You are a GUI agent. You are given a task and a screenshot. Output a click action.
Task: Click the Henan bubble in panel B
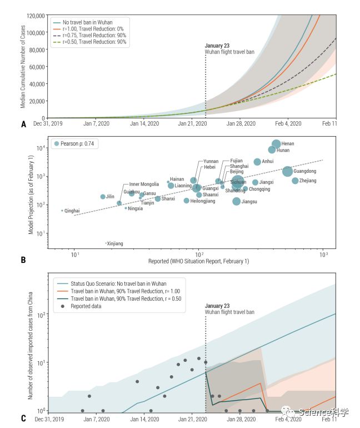coord(276,144)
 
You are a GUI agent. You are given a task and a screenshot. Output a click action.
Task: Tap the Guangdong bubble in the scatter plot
coord(287,172)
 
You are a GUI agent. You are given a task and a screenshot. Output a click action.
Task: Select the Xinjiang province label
coord(115,243)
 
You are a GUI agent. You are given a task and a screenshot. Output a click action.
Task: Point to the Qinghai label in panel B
coord(72,211)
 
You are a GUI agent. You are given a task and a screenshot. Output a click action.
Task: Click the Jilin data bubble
coord(103,197)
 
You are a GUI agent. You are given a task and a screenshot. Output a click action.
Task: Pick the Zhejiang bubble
coord(295,181)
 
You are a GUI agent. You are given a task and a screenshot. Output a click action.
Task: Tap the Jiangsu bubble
coord(237,201)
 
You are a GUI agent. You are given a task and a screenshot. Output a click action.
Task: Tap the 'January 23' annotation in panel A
coord(217,46)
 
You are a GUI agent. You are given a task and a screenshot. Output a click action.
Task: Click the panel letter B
coord(23,259)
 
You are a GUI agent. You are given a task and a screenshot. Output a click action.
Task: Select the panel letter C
coord(23,419)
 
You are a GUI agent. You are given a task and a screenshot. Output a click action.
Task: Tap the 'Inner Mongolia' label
coord(144,184)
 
